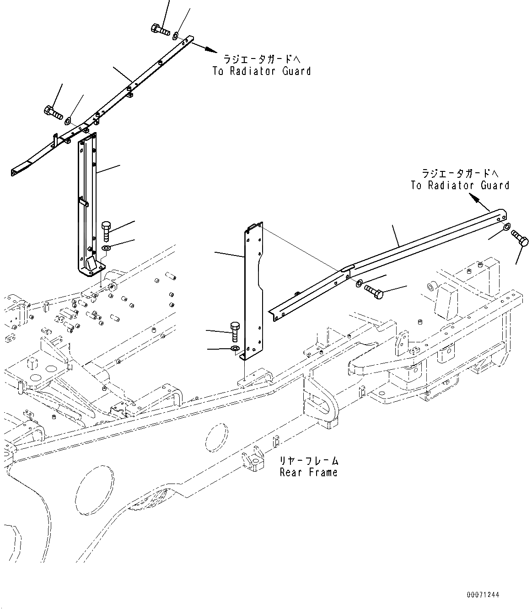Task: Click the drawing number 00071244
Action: pyautogui.click(x=483, y=595)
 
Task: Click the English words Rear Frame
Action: pyautogui.click(x=308, y=473)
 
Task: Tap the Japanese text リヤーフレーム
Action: pyautogui.click(x=309, y=461)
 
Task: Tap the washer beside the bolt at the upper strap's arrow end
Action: pyautogui.click(x=176, y=36)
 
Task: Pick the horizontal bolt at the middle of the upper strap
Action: pyautogui.click(x=54, y=112)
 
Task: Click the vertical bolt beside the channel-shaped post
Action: pyautogui.click(x=106, y=231)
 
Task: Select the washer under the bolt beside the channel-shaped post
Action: pyautogui.click(x=106, y=248)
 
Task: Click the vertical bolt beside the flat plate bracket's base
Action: pyautogui.click(x=234, y=331)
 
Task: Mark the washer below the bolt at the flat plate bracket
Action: pyautogui.click(x=234, y=349)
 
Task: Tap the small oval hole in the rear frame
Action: pyautogui.click(x=216, y=438)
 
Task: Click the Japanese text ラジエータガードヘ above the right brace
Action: pyautogui.click(x=459, y=173)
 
